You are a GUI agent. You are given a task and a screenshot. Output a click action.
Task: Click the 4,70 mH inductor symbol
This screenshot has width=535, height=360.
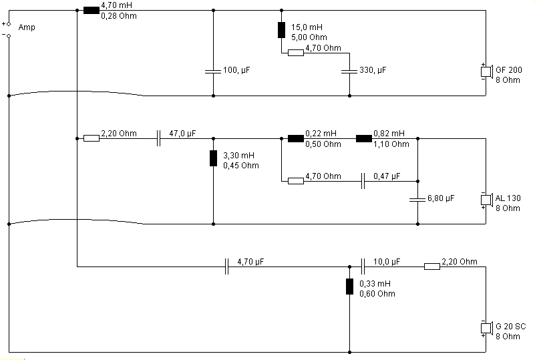(x=92, y=11)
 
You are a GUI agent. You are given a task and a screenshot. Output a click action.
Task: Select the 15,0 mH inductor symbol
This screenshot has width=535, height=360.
(x=281, y=30)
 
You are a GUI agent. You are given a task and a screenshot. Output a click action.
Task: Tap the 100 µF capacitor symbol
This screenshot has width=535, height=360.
(x=213, y=71)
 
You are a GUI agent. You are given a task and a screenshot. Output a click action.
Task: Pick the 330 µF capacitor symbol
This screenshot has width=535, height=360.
(x=349, y=71)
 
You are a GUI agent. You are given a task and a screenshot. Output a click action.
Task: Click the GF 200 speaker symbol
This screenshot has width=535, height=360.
(x=487, y=71)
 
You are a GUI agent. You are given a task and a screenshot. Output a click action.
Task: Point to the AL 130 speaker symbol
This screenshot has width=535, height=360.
(x=487, y=200)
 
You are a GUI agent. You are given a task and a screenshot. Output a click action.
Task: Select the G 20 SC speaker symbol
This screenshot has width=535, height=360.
(x=487, y=328)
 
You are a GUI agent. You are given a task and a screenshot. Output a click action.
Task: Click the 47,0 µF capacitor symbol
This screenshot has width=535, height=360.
(x=158, y=138)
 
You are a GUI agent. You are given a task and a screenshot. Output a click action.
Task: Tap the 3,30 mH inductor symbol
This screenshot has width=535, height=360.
(x=213, y=158)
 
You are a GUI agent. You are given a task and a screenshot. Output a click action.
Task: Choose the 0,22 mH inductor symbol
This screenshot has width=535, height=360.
(x=296, y=138)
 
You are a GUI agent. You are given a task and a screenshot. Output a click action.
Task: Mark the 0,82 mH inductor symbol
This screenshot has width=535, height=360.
(x=364, y=138)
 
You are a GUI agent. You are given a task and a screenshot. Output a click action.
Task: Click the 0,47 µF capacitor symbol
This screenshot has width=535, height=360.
(x=363, y=181)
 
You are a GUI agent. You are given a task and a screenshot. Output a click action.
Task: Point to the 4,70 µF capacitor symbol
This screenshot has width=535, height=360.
(x=226, y=266)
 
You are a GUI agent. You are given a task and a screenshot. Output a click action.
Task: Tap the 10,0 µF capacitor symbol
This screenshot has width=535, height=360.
(x=363, y=266)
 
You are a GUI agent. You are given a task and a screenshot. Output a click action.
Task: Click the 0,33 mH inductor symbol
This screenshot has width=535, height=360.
(x=349, y=287)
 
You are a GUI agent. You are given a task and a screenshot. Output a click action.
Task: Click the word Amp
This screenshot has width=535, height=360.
(x=27, y=27)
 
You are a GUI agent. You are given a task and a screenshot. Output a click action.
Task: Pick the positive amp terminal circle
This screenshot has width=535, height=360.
(x=9, y=23)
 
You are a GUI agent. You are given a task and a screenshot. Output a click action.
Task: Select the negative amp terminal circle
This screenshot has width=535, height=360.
(x=9, y=36)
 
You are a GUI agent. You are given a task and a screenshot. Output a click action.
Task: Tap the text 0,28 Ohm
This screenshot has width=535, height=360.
(x=119, y=16)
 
